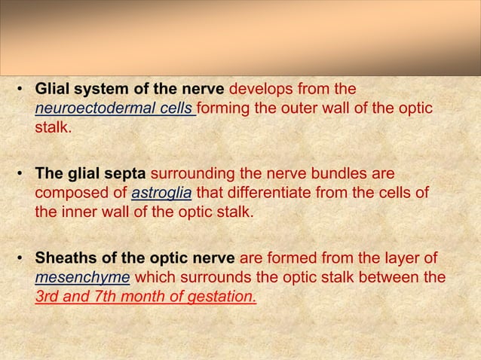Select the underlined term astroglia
coord(162,194)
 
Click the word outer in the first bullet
coord(308,109)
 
